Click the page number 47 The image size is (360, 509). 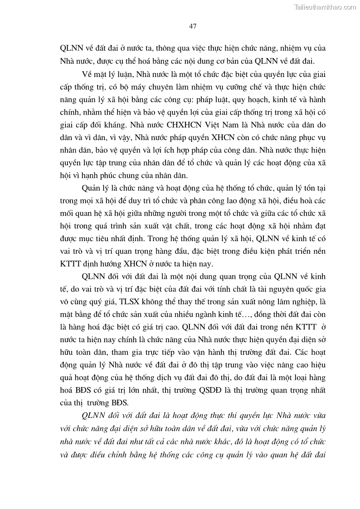coord(192,27)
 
